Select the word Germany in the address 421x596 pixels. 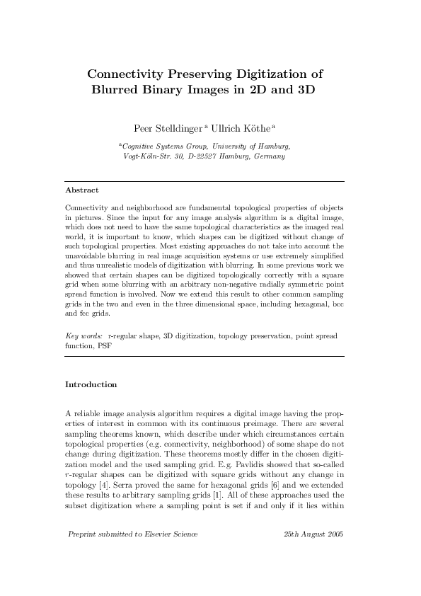(x=270, y=156)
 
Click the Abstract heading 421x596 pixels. (x=81, y=190)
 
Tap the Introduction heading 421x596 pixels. (x=91, y=384)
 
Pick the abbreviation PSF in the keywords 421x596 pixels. (x=105, y=347)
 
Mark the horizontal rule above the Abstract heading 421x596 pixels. (x=204, y=181)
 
